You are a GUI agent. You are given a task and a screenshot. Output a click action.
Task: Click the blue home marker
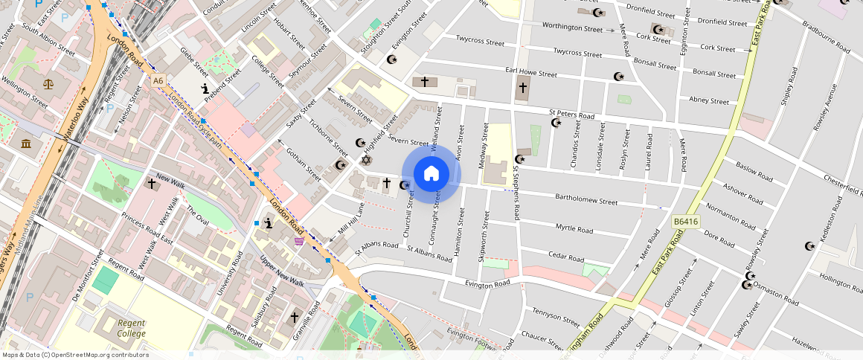431,174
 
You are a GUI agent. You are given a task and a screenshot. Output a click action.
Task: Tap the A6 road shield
158,80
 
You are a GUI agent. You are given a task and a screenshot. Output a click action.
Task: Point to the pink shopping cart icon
299,240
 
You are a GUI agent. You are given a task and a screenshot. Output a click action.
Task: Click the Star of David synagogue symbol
365,160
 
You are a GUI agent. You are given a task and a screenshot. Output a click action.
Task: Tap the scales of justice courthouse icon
49,84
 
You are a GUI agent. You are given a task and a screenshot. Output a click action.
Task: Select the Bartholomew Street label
586,200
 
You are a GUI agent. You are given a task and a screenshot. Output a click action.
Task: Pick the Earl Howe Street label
530,74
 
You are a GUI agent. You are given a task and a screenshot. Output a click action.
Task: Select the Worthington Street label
571,28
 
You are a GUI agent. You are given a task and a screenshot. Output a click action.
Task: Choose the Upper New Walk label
282,271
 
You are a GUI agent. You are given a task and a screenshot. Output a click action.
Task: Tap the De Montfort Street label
86,274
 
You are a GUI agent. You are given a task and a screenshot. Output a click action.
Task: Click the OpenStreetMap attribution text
74,355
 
